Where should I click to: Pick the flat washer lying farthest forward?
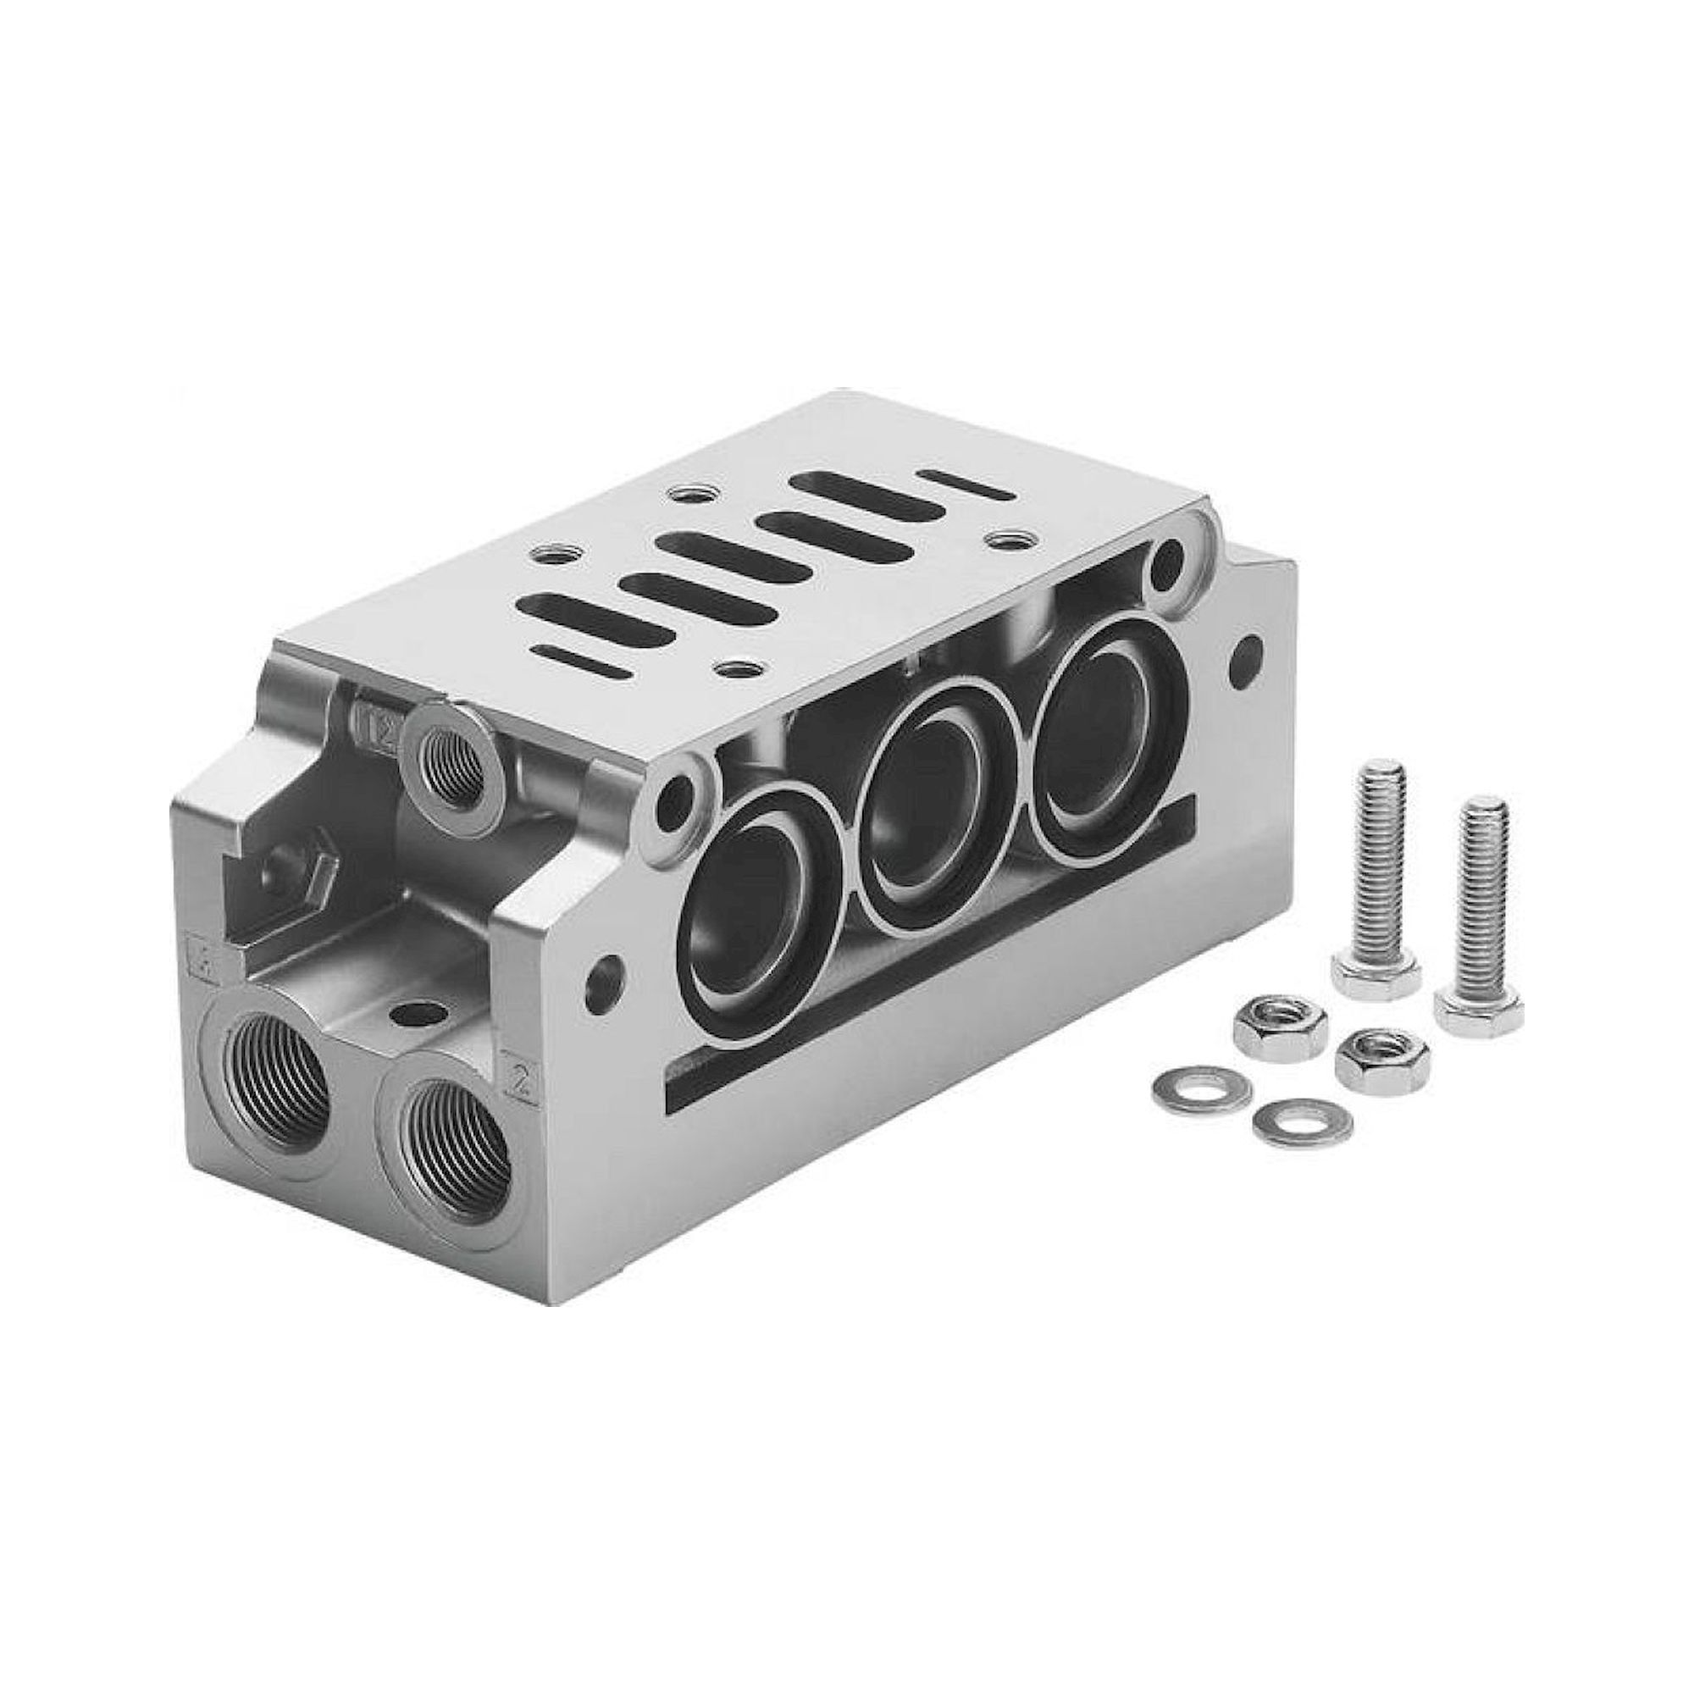pos(1302,1121)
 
